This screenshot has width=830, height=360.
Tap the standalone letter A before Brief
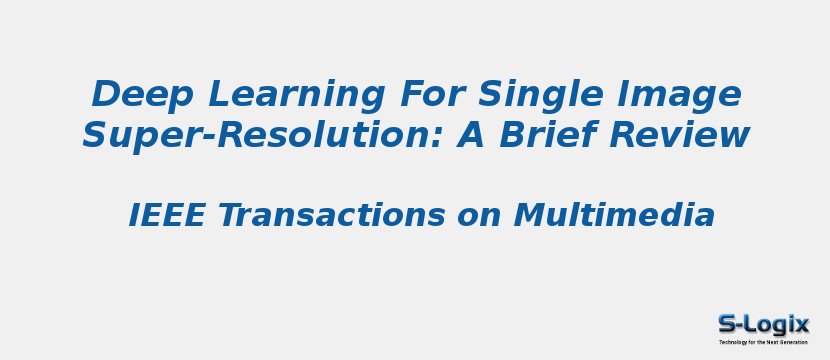pyautogui.click(x=471, y=135)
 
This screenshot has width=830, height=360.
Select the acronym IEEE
pyautogui.click(x=167, y=216)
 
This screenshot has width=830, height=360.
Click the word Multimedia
pyautogui.click(x=614, y=216)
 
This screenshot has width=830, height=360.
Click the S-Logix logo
pyautogui.click(x=763, y=324)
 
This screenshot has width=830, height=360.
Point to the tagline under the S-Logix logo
pyautogui.click(x=763, y=342)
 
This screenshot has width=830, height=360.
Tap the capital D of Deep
pyautogui.click(x=106, y=95)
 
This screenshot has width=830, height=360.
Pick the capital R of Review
pyautogui.click(x=623, y=135)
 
